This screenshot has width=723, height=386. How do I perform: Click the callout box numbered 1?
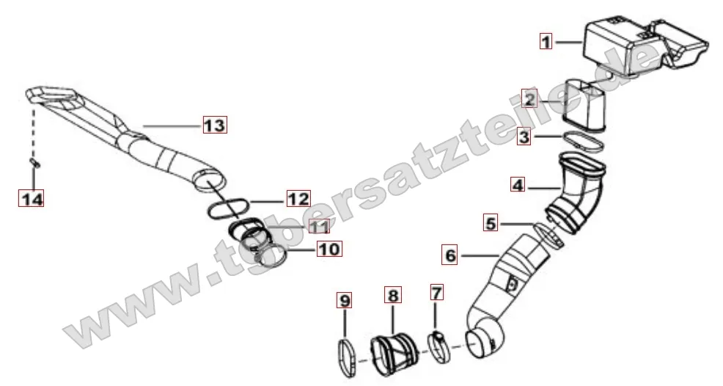(x=546, y=42)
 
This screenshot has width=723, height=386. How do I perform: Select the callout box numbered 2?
(x=529, y=99)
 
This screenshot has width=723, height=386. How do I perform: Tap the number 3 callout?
(x=524, y=136)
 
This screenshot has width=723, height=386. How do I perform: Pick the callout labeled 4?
(x=518, y=185)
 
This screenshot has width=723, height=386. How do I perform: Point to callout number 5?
(x=491, y=223)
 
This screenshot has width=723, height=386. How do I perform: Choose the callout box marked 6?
(x=450, y=255)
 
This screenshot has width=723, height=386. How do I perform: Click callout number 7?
(x=436, y=292)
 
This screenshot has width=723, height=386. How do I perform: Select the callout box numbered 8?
(x=393, y=294)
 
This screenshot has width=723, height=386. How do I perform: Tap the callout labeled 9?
(x=345, y=301)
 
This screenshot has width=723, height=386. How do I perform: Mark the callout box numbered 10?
(x=329, y=250)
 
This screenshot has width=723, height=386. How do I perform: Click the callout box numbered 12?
(x=298, y=199)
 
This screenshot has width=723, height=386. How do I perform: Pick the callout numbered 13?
(x=215, y=125)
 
